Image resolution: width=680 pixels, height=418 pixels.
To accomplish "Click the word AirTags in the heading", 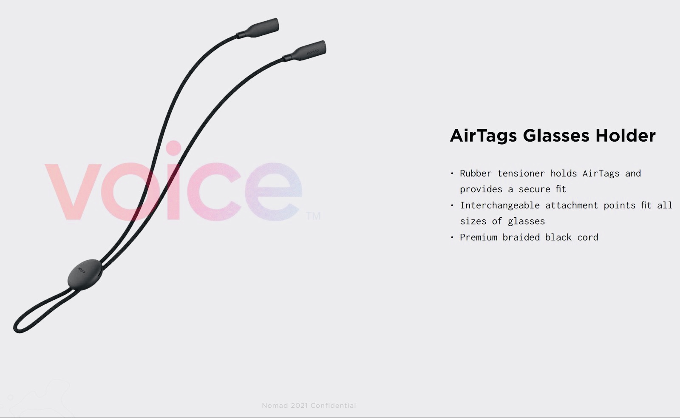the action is tap(483, 136).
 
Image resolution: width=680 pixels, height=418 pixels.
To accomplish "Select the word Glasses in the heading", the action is tap(556, 135).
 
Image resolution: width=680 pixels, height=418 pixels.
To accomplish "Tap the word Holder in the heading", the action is tap(625, 135).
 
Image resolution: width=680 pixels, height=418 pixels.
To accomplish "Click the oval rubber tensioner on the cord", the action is tap(85, 275).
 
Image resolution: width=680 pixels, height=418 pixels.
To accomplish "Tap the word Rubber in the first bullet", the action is tap(476, 173).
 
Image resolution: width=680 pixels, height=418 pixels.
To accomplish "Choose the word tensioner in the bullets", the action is tap(521, 173).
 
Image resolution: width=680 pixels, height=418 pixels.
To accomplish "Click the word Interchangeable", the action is tap(500, 205).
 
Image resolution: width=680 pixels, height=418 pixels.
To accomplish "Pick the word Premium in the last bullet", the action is tap(479, 237).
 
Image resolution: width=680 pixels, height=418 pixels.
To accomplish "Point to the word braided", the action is tap(521, 237).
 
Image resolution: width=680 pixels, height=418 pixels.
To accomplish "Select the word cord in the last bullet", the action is tap(588, 237).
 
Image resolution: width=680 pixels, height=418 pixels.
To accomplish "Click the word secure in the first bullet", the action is tap(534, 190).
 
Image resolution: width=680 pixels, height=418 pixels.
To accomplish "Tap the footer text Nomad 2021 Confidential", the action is tap(309, 406).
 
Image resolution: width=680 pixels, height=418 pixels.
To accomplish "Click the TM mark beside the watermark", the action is tap(313, 216).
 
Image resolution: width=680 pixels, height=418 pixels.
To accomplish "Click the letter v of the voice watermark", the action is tap(73, 191).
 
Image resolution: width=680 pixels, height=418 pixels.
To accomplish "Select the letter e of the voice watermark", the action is tap(274, 192).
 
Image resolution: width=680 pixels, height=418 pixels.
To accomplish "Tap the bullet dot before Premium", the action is tap(452, 237).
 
